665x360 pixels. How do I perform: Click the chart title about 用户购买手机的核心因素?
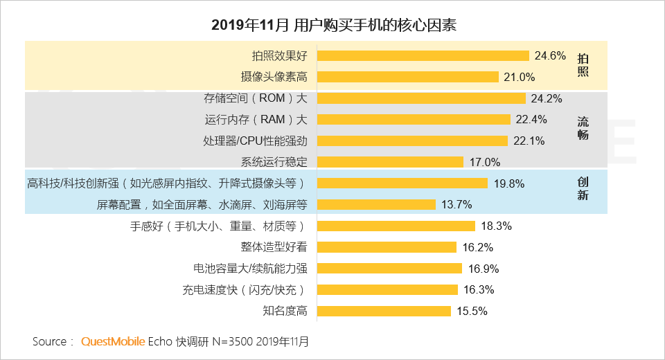tap(333, 26)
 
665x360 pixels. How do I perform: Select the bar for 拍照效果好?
tap(423, 55)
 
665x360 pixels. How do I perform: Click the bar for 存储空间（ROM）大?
tap(422, 98)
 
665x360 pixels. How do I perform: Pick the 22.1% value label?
tap(529, 141)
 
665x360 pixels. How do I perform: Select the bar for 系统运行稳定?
tap(391, 162)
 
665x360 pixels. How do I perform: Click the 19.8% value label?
tap(509, 183)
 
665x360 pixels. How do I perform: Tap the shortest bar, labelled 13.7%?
tap(377, 204)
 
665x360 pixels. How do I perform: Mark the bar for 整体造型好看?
tap(387, 247)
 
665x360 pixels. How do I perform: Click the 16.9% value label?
tap(484, 269)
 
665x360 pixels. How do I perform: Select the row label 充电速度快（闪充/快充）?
tap(245, 289)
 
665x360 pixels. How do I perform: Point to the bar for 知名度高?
tap(384, 311)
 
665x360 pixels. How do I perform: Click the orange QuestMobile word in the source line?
tap(113, 341)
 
